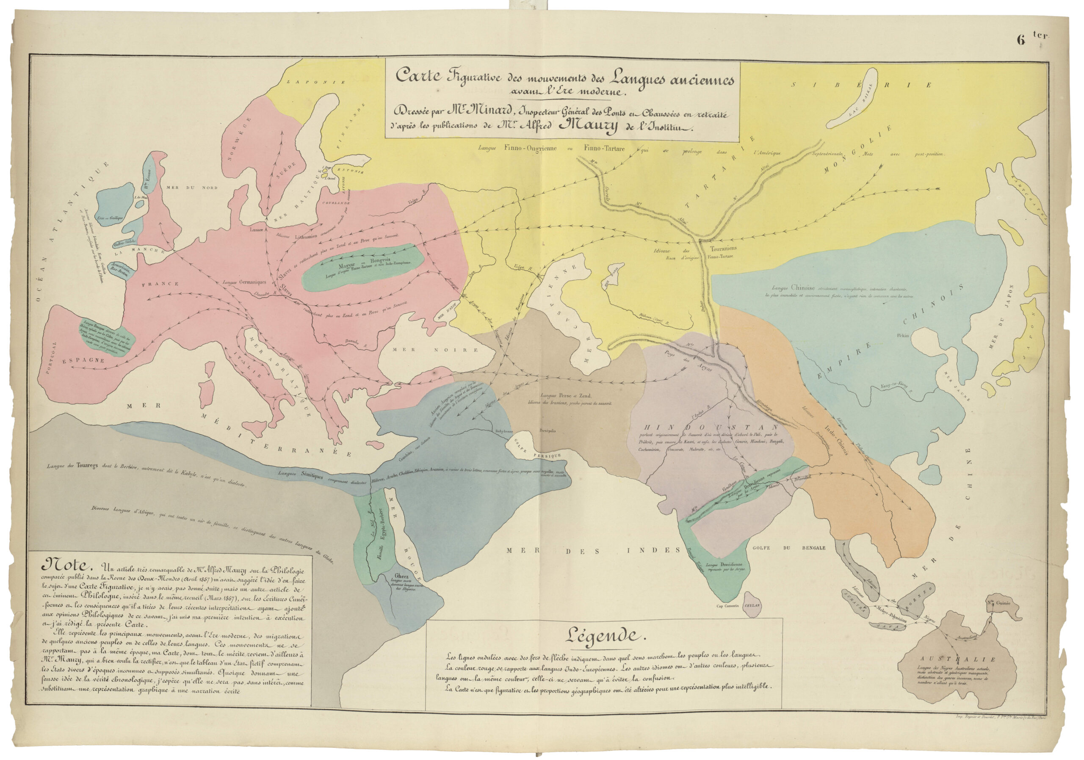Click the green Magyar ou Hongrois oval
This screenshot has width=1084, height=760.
[x=362, y=268]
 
